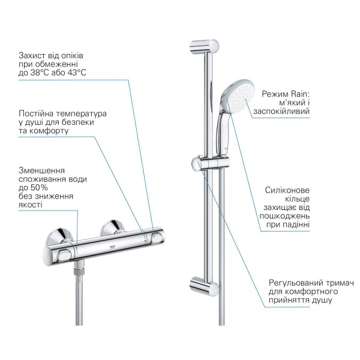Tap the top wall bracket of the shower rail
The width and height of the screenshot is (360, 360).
pyautogui.click(x=204, y=47)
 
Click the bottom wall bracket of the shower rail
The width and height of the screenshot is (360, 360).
pyautogui.click(x=204, y=287)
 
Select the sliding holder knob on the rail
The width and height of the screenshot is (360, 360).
pyautogui.click(x=197, y=164)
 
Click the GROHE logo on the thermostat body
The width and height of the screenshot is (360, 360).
pyautogui.click(x=113, y=247)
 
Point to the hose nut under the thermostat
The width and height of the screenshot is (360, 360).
pyautogui.click(x=79, y=271)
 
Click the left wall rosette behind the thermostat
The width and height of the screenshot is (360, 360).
pyautogui.click(x=59, y=237)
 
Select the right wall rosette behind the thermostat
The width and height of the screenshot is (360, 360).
pyautogui.click(x=113, y=227)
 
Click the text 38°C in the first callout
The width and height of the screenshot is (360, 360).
pyautogui.click(x=40, y=73)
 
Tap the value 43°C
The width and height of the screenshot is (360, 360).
pyautogui.click(x=77, y=73)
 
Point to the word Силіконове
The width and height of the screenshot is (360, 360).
pyautogui.click(x=287, y=190)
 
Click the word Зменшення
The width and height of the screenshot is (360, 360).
pyautogui.click(x=41, y=170)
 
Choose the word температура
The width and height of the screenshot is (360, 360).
pyautogui.click(x=82, y=114)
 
